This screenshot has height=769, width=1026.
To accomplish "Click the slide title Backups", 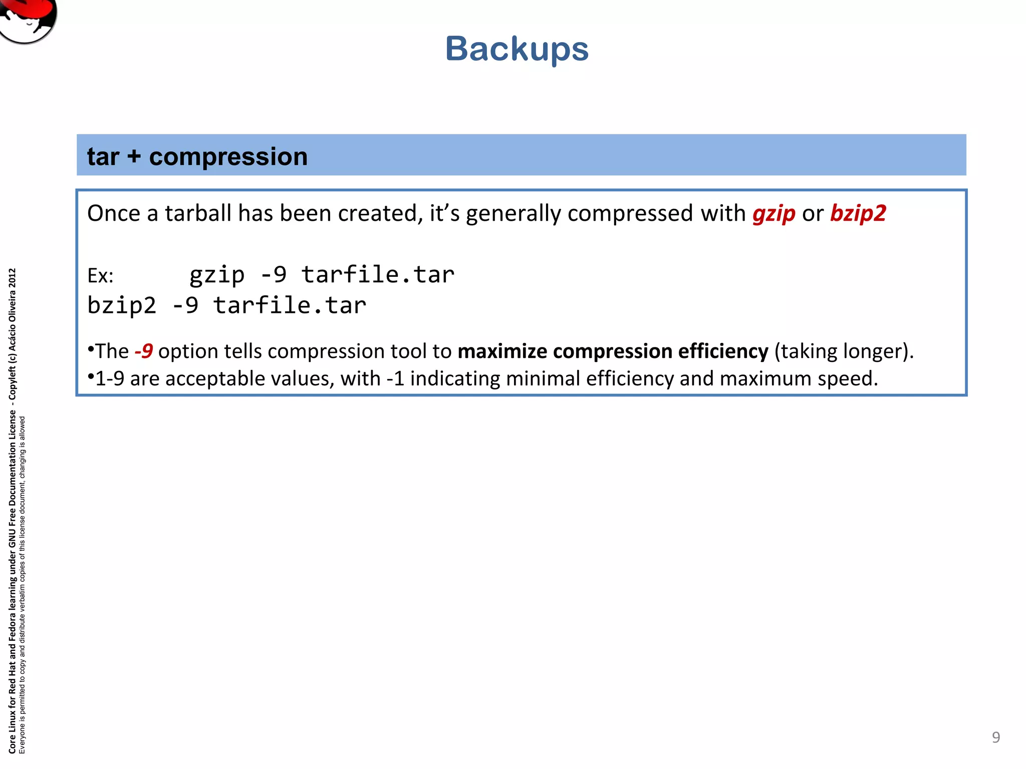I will click(517, 49).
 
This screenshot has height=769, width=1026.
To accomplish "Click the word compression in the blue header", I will click(228, 157).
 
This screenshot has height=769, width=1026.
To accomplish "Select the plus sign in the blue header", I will click(134, 157).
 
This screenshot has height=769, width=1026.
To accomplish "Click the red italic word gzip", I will click(774, 214).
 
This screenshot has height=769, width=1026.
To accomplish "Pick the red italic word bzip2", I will click(858, 214).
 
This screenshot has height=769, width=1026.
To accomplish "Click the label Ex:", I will click(100, 276).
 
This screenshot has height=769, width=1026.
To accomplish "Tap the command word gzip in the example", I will click(217, 275).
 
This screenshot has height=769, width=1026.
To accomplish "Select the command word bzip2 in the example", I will click(122, 305).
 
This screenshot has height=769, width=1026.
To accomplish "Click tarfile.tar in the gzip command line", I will click(378, 275).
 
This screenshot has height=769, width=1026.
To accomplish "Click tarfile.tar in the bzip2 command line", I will click(290, 305).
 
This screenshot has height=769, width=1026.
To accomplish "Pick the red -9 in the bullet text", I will click(144, 351).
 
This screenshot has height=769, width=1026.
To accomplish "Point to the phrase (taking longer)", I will click(844, 351).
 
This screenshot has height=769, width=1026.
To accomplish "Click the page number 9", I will click(996, 737).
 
